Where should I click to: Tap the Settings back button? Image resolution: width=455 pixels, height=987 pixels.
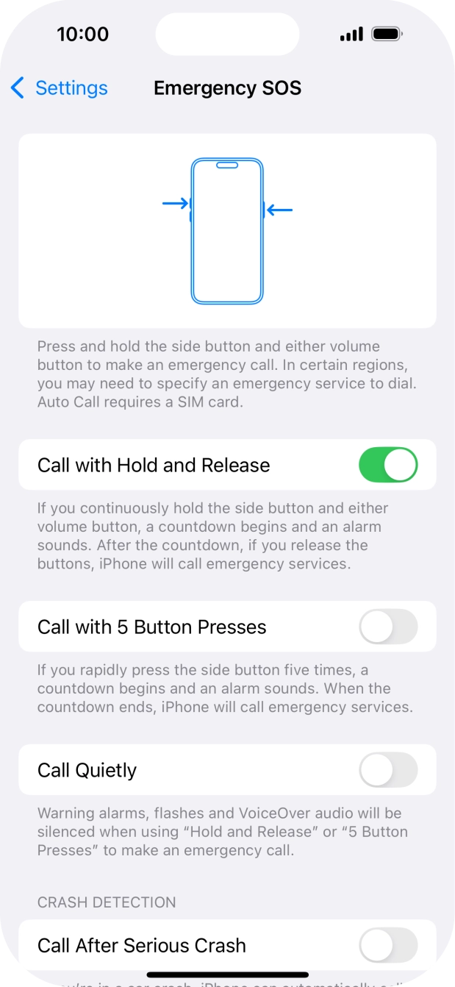60,88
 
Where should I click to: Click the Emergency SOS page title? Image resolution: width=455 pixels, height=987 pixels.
227,88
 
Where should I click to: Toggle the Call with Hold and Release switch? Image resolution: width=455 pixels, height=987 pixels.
388,465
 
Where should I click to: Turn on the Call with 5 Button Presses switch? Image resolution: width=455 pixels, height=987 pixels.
388,627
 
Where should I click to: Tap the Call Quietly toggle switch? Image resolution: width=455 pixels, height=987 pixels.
388,770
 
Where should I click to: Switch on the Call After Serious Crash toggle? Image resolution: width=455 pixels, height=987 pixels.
388,945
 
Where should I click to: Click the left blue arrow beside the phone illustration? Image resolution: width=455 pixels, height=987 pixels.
176,203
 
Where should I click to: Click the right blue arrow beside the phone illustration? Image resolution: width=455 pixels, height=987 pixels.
279,210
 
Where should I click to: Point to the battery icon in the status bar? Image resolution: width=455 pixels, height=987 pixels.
386,34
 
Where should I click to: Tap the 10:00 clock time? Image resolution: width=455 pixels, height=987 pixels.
82,34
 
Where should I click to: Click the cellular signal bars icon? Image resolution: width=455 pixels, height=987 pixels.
351,35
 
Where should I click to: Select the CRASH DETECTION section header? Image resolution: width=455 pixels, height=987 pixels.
107,902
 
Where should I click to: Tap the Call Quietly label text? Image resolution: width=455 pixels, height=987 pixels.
87,770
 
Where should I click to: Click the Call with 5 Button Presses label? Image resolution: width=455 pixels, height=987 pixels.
151,627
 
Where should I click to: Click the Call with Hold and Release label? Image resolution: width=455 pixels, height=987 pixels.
154,465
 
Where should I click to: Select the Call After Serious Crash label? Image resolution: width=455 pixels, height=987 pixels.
141,945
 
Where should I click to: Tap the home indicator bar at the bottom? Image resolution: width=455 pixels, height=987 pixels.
227,975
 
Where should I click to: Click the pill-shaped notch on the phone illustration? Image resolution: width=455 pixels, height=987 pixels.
227,165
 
